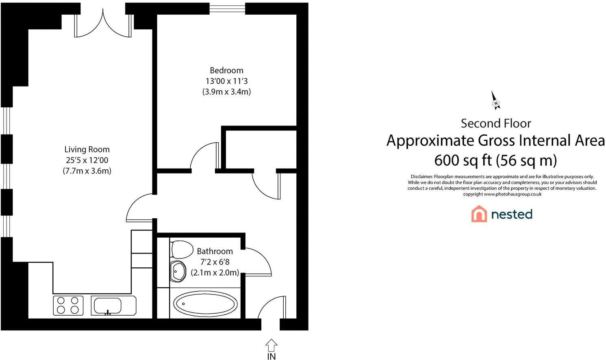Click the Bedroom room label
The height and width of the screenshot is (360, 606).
tap(226, 71)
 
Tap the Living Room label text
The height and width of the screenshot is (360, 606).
tap(87, 150)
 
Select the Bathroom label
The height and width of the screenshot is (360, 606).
tap(215, 251)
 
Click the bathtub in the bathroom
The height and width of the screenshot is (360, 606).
tap(205, 304)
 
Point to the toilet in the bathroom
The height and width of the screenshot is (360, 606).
tap(182, 249)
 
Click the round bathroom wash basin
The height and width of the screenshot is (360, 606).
tap(178, 271)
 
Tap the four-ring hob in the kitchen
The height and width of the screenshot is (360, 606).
tap(68, 306)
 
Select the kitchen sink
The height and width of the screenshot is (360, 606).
tap(113, 306)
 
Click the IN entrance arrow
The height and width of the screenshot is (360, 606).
tap(272, 345)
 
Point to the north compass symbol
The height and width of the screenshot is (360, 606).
tap(495, 101)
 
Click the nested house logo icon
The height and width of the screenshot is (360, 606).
tap(479, 214)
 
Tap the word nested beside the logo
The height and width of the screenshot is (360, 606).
tap(512, 214)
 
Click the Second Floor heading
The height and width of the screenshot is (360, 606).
tap(496, 124)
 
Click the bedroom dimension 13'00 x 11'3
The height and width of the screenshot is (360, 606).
tap(226, 81)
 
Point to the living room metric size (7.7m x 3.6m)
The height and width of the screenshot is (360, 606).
tap(87, 171)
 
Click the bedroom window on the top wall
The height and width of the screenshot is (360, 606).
tap(227, 9)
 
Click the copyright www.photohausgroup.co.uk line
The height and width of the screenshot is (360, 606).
tap(502, 194)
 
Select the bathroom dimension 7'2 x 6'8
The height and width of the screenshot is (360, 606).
tap(215, 262)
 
